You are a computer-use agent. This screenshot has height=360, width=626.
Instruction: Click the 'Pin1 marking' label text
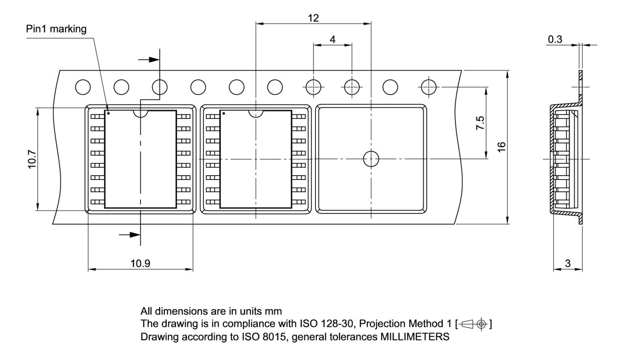pyautogui.click(x=56, y=29)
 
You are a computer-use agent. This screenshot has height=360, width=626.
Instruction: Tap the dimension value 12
pyautogui.click(x=313, y=18)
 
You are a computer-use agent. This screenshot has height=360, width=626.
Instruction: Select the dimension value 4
pyautogui.click(x=333, y=40)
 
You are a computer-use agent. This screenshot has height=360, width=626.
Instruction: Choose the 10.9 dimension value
pyautogui.click(x=140, y=264)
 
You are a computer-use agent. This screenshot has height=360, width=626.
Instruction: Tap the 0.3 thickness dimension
pyautogui.click(x=555, y=40)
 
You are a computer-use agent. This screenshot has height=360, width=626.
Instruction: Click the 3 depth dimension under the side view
pyautogui.click(x=568, y=264)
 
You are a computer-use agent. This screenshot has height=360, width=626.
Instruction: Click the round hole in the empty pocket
pyautogui.click(x=371, y=159)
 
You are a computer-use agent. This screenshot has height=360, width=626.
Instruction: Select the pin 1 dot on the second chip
pyautogui.click(x=224, y=113)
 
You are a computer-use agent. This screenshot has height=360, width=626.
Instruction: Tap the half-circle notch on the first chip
pyautogui.click(x=141, y=113)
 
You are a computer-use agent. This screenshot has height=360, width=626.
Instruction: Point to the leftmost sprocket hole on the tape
pyautogui.click(x=83, y=87)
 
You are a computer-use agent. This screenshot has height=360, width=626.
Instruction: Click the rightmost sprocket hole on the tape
pyautogui.click(x=428, y=87)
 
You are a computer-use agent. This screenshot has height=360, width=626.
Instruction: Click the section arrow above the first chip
pyautogui.click(x=150, y=59)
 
